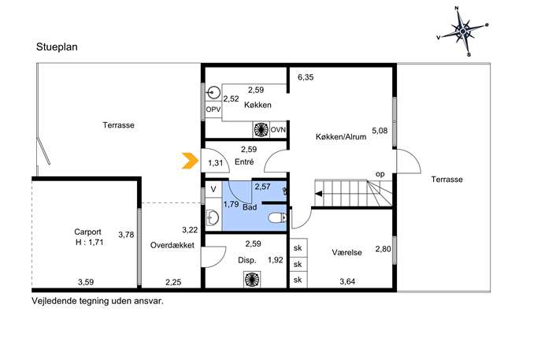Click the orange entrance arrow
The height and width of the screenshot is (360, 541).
(x=190, y=161)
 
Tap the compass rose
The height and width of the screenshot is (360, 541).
(x=463, y=32)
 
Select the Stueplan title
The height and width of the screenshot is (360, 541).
(x=57, y=47)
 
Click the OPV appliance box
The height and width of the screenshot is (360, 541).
(x=213, y=109)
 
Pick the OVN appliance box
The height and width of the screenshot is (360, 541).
(x=278, y=130)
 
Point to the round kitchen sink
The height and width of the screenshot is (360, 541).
(x=215, y=92)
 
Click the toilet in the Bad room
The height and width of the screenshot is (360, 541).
(x=277, y=217)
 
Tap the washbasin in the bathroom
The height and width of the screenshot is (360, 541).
(x=213, y=217)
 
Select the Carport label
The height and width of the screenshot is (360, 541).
(x=87, y=232)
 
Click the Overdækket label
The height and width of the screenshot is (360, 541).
(x=172, y=246)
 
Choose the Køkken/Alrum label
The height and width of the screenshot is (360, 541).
(x=341, y=137)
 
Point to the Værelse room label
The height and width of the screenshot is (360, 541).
(x=346, y=252)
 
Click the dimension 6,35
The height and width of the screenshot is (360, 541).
(x=306, y=77)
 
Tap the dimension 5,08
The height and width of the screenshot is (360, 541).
(x=380, y=131)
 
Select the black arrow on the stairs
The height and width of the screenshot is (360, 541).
(x=319, y=194)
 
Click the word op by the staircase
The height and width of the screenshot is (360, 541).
(x=380, y=174)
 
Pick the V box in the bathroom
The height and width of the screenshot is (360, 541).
(x=213, y=189)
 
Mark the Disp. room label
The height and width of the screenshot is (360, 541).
(x=247, y=260)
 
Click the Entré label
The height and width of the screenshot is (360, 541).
(x=244, y=161)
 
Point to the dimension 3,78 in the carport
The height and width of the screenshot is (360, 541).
(x=126, y=235)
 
